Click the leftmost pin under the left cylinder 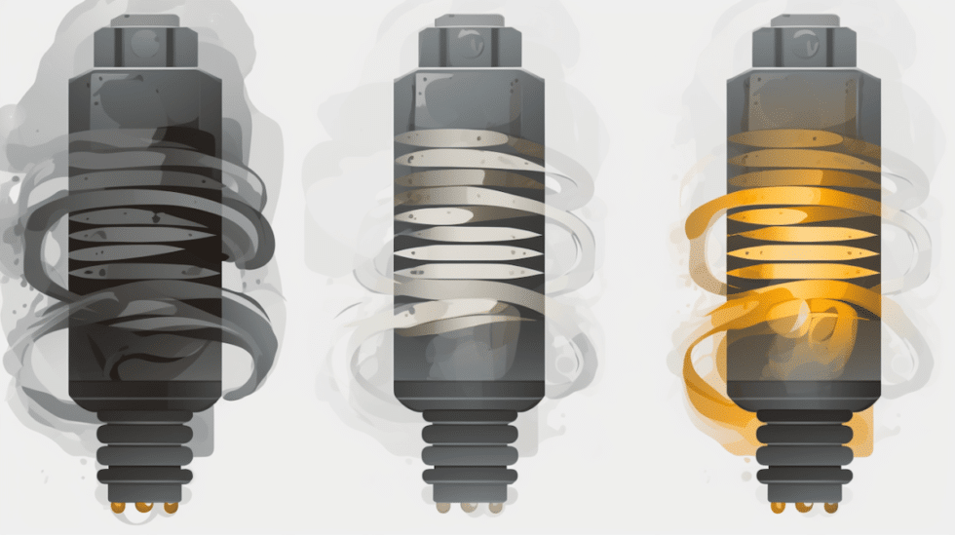(x=118, y=507)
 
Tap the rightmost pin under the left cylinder (x=172, y=507)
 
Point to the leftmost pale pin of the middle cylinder (x=441, y=506)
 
